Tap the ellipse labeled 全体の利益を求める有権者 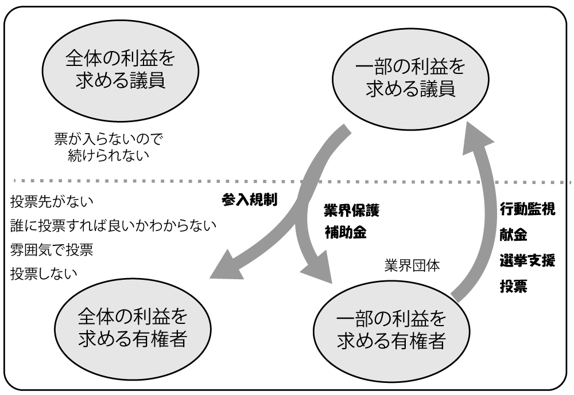[132, 329]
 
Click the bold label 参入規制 [250, 200]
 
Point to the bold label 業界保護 [352, 210]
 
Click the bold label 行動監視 [527, 209]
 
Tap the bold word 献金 [513, 235]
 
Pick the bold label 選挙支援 [527, 261]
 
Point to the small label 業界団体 [412, 267]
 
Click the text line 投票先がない [52, 201]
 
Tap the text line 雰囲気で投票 [52, 250]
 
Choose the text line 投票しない [44, 274]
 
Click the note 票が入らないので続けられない [108, 146]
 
